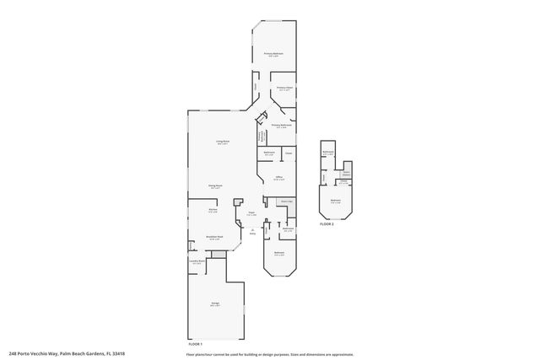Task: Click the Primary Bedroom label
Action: pos(272,53)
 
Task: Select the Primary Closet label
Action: pos(283,88)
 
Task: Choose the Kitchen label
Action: pos(213,211)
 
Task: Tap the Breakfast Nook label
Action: pos(214,239)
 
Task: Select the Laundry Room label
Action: pos(197,262)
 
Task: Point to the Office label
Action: pos(278,177)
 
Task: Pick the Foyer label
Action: pos(251,213)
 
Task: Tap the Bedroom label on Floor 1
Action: pos(278,252)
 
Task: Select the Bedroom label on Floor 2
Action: pos(336,201)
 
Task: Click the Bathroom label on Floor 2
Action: pos(328,153)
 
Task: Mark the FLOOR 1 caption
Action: pos(195,345)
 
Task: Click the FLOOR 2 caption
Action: pos(327,224)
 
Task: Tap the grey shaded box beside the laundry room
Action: pos(219,254)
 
